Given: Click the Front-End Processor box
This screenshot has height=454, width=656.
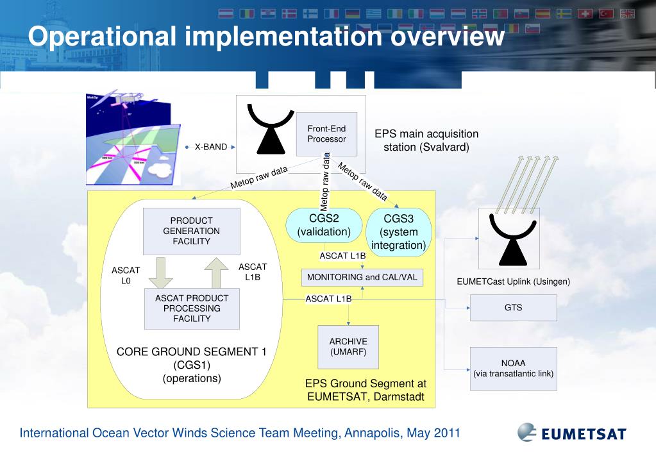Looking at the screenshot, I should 326,134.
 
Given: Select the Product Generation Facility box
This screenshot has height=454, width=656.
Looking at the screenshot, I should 191,231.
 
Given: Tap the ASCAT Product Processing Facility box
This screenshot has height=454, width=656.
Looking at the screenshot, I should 191,308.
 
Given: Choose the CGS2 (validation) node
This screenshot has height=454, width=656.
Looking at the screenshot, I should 324,225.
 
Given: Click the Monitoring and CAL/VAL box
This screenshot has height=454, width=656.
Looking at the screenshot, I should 362,278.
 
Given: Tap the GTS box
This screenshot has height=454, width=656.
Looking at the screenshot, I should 513,308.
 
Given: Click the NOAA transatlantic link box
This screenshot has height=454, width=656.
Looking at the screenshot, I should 513,369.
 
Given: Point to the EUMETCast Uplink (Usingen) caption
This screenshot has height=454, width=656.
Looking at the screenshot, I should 513,282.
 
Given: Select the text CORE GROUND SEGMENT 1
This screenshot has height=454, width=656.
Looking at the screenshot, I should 191,352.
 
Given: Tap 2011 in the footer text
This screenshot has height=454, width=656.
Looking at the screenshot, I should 447,433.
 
